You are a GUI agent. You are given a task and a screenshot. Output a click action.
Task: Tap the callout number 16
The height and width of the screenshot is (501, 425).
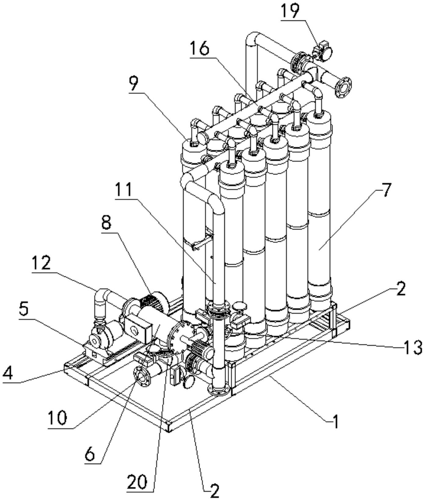click(199, 49)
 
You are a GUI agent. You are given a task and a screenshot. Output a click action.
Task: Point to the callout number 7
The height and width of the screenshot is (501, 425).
click(386, 190)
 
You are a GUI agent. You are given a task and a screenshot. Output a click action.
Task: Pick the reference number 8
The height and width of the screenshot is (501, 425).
click(107, 223)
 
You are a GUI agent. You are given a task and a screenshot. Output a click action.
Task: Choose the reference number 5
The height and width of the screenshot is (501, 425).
click(24, 309)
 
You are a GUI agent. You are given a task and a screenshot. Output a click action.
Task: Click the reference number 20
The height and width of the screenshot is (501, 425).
click(137, 482)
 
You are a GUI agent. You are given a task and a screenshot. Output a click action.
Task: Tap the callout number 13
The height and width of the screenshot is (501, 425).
click(412, 347)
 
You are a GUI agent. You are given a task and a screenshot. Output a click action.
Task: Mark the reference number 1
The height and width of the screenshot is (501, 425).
click(336, 422)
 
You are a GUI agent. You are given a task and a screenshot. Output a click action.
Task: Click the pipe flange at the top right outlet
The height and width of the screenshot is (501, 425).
click(343, 87)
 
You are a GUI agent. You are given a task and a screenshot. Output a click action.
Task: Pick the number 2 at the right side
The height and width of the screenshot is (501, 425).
click(400, 289)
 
